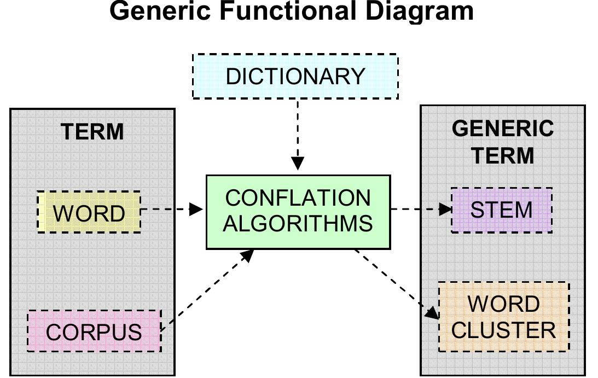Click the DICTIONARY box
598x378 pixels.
click(295, 76)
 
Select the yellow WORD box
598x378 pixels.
click(89, 212)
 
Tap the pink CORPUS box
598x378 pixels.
click(94, 331)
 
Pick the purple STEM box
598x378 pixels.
click(501, 210)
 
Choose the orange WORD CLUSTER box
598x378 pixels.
click(504, 317)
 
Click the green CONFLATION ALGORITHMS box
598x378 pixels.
click(298, 212)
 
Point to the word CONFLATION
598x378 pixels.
click(298, 198)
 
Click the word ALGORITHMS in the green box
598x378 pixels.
click(298, 224)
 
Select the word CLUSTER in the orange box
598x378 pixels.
click(504, 330)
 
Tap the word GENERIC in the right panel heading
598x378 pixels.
click(503, 129)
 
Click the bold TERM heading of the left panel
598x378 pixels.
click(92, 132)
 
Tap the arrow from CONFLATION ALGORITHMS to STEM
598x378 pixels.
click(421, 209)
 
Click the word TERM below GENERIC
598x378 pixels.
click(503, 155)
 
